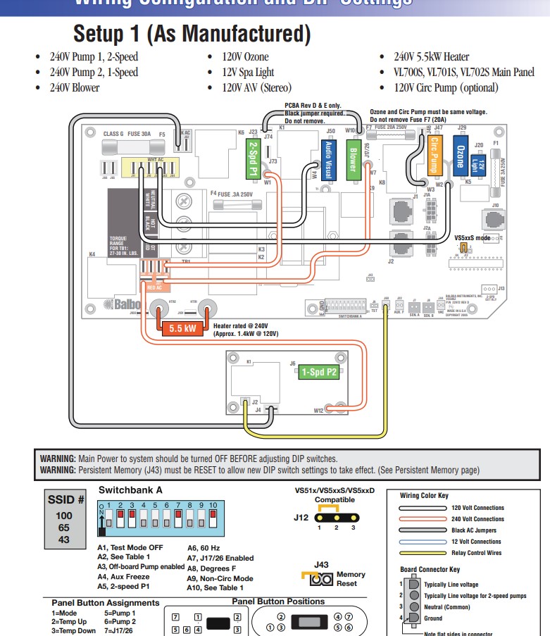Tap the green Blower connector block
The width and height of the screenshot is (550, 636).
(354, 156)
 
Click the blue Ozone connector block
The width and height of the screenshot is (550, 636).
(461, 155)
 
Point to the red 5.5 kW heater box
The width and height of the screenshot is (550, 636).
(182, 328)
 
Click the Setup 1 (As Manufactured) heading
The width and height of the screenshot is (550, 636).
(192, 33)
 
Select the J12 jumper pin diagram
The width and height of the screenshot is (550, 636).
(336, 516)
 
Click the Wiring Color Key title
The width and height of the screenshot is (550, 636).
(423, 495)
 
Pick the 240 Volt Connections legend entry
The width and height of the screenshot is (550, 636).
(477, 519)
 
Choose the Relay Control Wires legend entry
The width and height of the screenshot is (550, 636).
(477, 553)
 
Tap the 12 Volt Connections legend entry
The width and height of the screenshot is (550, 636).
(475, 542)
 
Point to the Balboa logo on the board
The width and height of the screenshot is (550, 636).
(120, 304)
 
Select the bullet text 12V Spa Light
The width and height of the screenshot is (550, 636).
(249, 72)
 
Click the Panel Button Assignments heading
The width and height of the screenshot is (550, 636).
(105, 603)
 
